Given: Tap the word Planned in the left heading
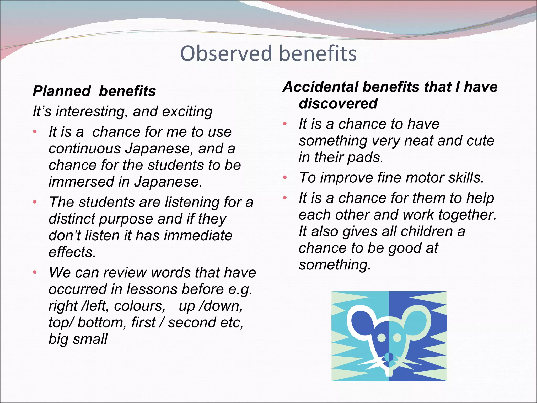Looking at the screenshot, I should point(62,91).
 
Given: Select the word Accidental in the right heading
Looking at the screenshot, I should point(321,87).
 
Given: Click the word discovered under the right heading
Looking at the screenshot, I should point(338,103).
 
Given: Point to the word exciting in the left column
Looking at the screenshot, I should point(187,112).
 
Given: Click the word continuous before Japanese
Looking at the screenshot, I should point(84,149).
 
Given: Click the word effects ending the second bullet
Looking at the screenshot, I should point(72,252).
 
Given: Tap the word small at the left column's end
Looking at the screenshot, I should point(90,339).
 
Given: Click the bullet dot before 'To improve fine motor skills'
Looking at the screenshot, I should point(285,178).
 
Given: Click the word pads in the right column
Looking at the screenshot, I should point(365,157).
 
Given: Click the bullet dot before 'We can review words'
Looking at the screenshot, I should point(35,273).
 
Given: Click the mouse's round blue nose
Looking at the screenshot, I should point(389,357).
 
